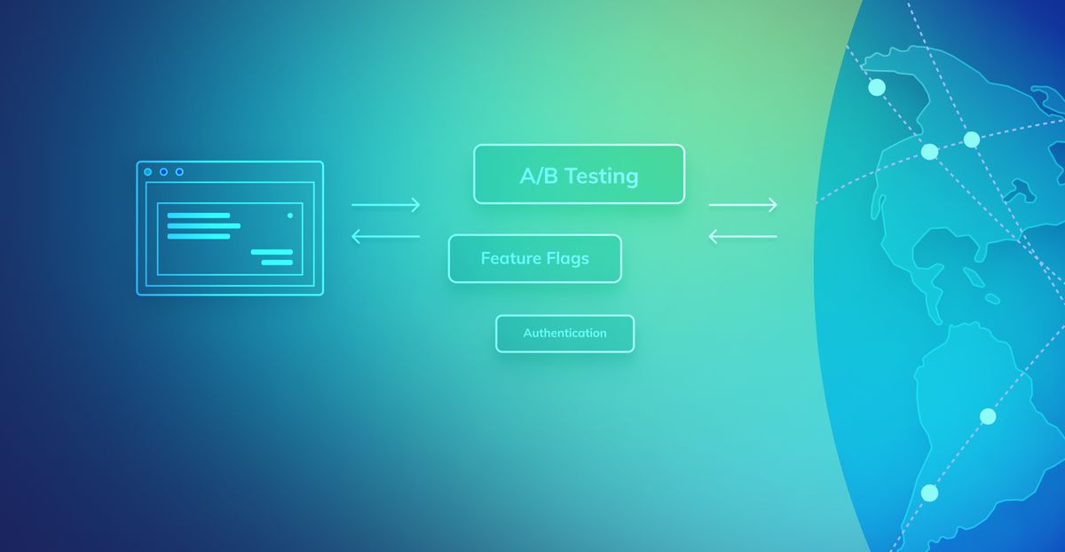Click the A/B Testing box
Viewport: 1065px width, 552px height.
click(x=579, y=174)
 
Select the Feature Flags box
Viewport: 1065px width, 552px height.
click(x=535, y=258)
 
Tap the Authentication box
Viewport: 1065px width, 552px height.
click(x=564, y=334)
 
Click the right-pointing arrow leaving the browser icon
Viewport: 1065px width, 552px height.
click(x=385, y=205)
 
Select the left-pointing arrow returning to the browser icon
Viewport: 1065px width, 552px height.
click(x=385, y=236)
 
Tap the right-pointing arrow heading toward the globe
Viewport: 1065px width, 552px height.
click(x=743, y=205)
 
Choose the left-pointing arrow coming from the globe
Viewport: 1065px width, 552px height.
click(x=743, y=236)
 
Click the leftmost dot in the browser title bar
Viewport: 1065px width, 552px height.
click(x=148, y=171)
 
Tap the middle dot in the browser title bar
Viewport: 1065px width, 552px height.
click(x=163, y=171)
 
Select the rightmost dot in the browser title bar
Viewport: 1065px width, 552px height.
click(x=179, y=171)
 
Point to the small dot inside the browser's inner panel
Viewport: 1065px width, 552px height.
click(x=290, y=216)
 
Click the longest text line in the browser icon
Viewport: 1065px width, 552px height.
click(x=204, y=225)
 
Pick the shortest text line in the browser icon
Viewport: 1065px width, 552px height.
click(x=277, y=263)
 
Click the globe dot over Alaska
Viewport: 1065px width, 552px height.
click(x=877, y=88)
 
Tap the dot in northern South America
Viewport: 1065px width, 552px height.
click(x=988, y=416)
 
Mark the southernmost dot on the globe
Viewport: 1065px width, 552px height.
click(x=929, y=493)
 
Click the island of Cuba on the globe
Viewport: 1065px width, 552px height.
click(x=974, y=277)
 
